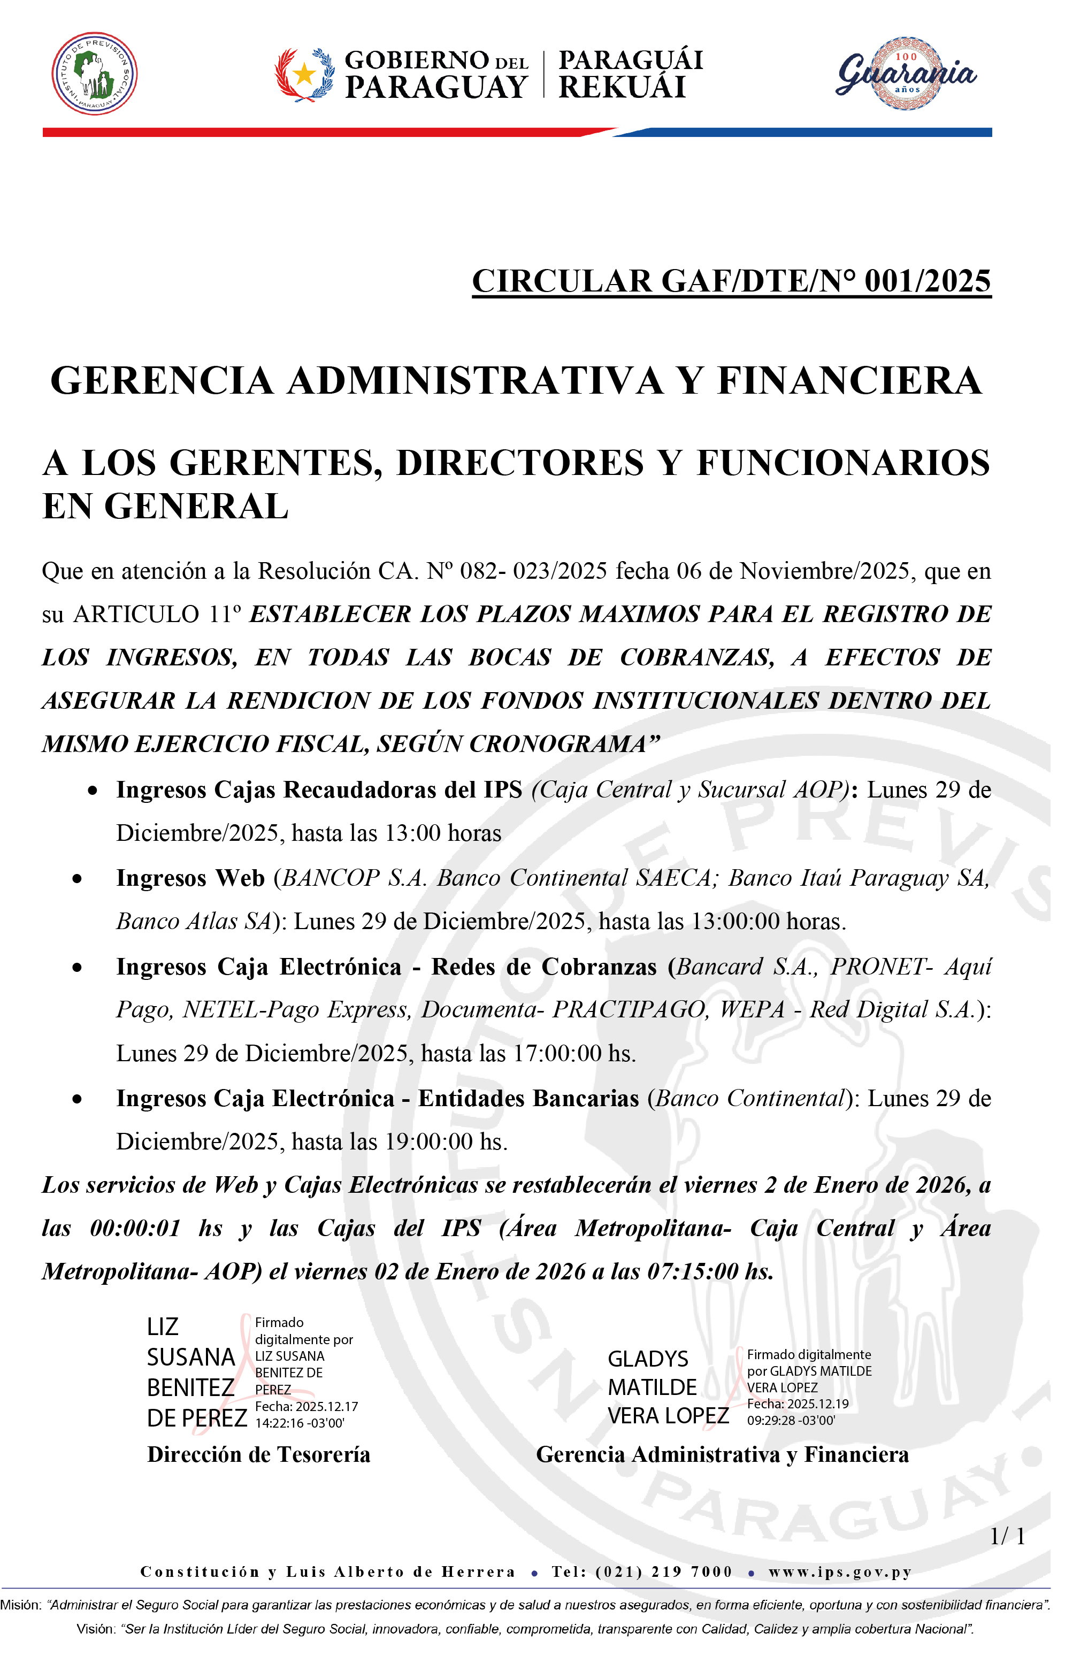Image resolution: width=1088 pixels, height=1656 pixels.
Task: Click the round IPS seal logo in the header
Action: pos(95,74)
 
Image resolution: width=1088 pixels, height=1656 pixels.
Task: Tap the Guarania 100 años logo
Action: pos(906,74)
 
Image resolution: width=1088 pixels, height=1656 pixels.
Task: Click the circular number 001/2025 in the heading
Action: pos(928,282)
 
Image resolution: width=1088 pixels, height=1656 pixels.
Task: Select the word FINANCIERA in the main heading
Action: pos(849,381)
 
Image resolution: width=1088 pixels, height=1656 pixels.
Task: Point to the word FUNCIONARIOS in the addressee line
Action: pos(843,463)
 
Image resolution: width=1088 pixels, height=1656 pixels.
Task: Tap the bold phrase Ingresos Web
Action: pos(190,878)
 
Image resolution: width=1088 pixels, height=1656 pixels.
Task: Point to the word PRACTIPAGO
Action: pos(630,1010)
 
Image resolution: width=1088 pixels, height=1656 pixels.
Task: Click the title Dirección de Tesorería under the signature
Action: pos(258,1454)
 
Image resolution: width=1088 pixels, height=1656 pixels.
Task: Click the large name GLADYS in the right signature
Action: pos(648,1359)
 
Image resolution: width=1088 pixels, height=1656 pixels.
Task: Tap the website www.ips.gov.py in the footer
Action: pos(840,1572)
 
